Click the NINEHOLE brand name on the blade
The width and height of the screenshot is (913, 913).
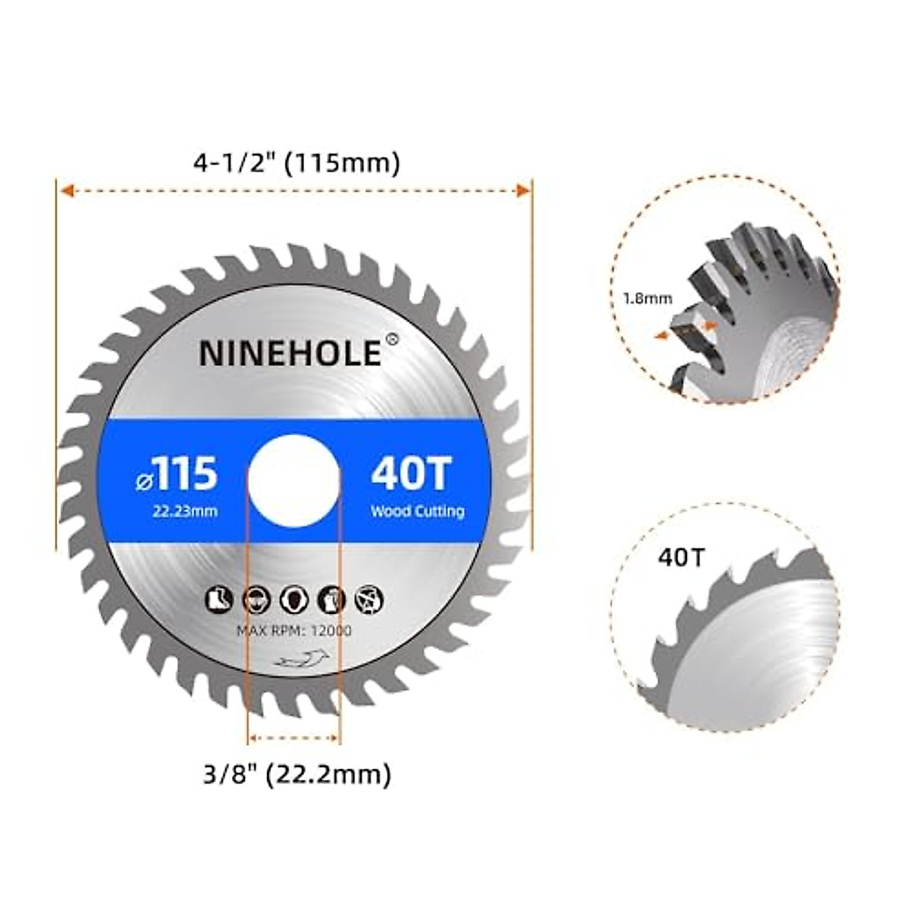290,353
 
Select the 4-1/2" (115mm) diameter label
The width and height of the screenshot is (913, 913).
297,163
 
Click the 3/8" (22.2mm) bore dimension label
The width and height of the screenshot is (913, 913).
297,775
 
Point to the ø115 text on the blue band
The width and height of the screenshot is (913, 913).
177,475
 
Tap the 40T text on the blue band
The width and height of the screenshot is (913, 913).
412,475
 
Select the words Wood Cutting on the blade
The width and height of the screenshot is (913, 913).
417,511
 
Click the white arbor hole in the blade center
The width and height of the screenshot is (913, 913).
294,481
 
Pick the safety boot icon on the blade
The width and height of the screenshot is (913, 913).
219,600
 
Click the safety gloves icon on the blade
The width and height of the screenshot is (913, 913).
332,600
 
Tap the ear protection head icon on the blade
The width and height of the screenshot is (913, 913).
294,600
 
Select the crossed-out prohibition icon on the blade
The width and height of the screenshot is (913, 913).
370,600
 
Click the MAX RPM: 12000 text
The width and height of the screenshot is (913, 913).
294,631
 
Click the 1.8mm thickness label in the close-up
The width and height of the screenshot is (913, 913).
647,299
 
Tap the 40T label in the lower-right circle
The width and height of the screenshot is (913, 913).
682,558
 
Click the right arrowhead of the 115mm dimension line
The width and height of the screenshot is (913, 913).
523,191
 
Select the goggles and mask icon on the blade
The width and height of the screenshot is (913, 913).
256,600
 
